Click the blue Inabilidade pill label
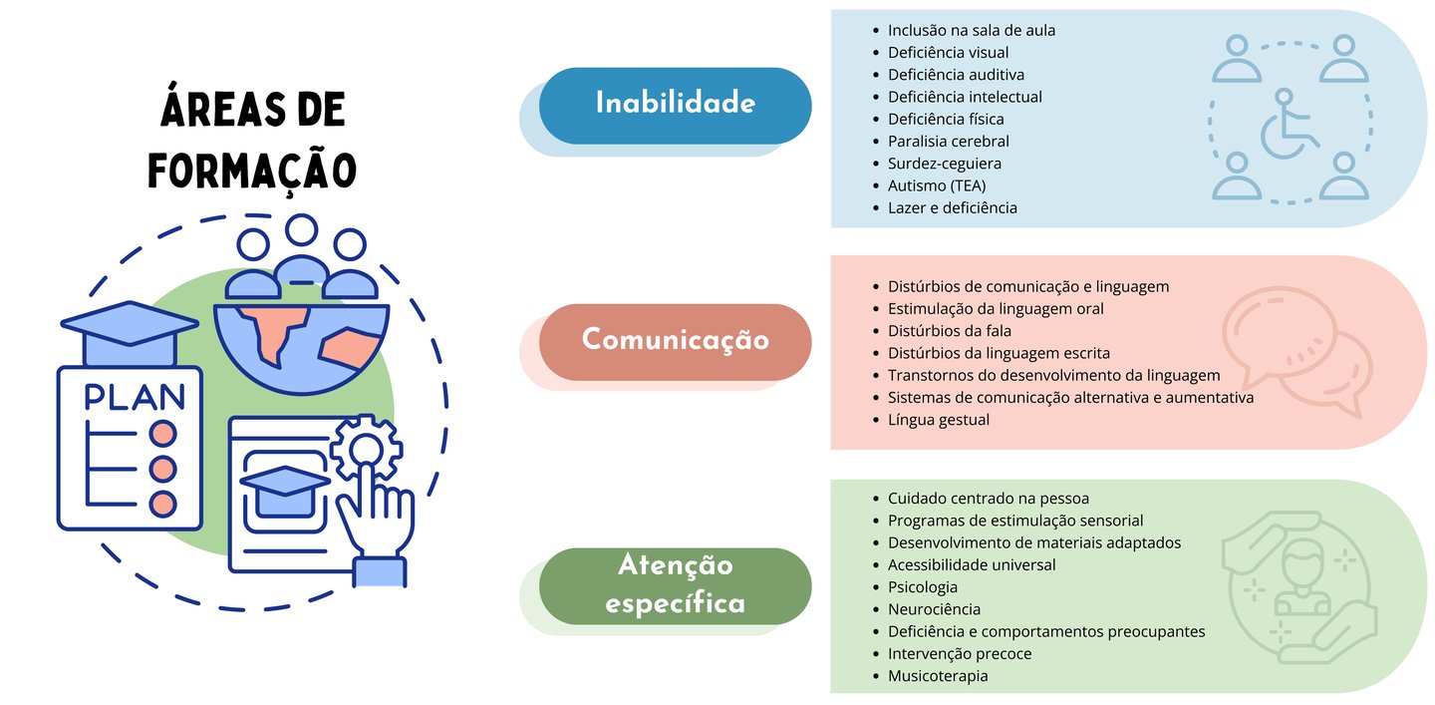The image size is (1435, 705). point(675,104)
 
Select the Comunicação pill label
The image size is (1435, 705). point(675,340)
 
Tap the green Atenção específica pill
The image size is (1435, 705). point(675,584)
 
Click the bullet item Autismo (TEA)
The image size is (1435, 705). point(936,185)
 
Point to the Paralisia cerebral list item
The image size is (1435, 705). point(948,142)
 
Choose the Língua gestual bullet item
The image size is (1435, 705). point(938,420)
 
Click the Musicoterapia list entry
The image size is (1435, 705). point(937,676)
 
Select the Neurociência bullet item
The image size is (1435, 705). point(934,609)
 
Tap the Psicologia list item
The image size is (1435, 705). point(922,587)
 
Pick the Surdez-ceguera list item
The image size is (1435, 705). point(944,164)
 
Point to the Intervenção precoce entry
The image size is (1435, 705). point(959,654)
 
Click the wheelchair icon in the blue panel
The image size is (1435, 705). point(1289,127)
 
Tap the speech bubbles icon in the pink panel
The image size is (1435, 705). point(1295,350)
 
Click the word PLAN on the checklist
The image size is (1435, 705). point(135,397)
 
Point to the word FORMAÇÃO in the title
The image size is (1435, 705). point(253,169)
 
